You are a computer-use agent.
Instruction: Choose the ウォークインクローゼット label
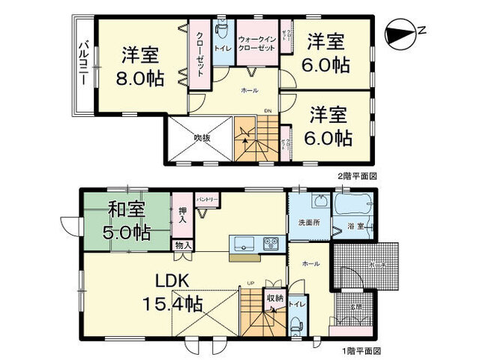(256, 43)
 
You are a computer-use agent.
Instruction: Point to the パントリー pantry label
(207, 200)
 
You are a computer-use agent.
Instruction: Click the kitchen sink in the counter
(244, 243)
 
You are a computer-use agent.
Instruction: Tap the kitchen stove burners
(270, 243)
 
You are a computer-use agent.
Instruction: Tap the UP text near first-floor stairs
(249, 283)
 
